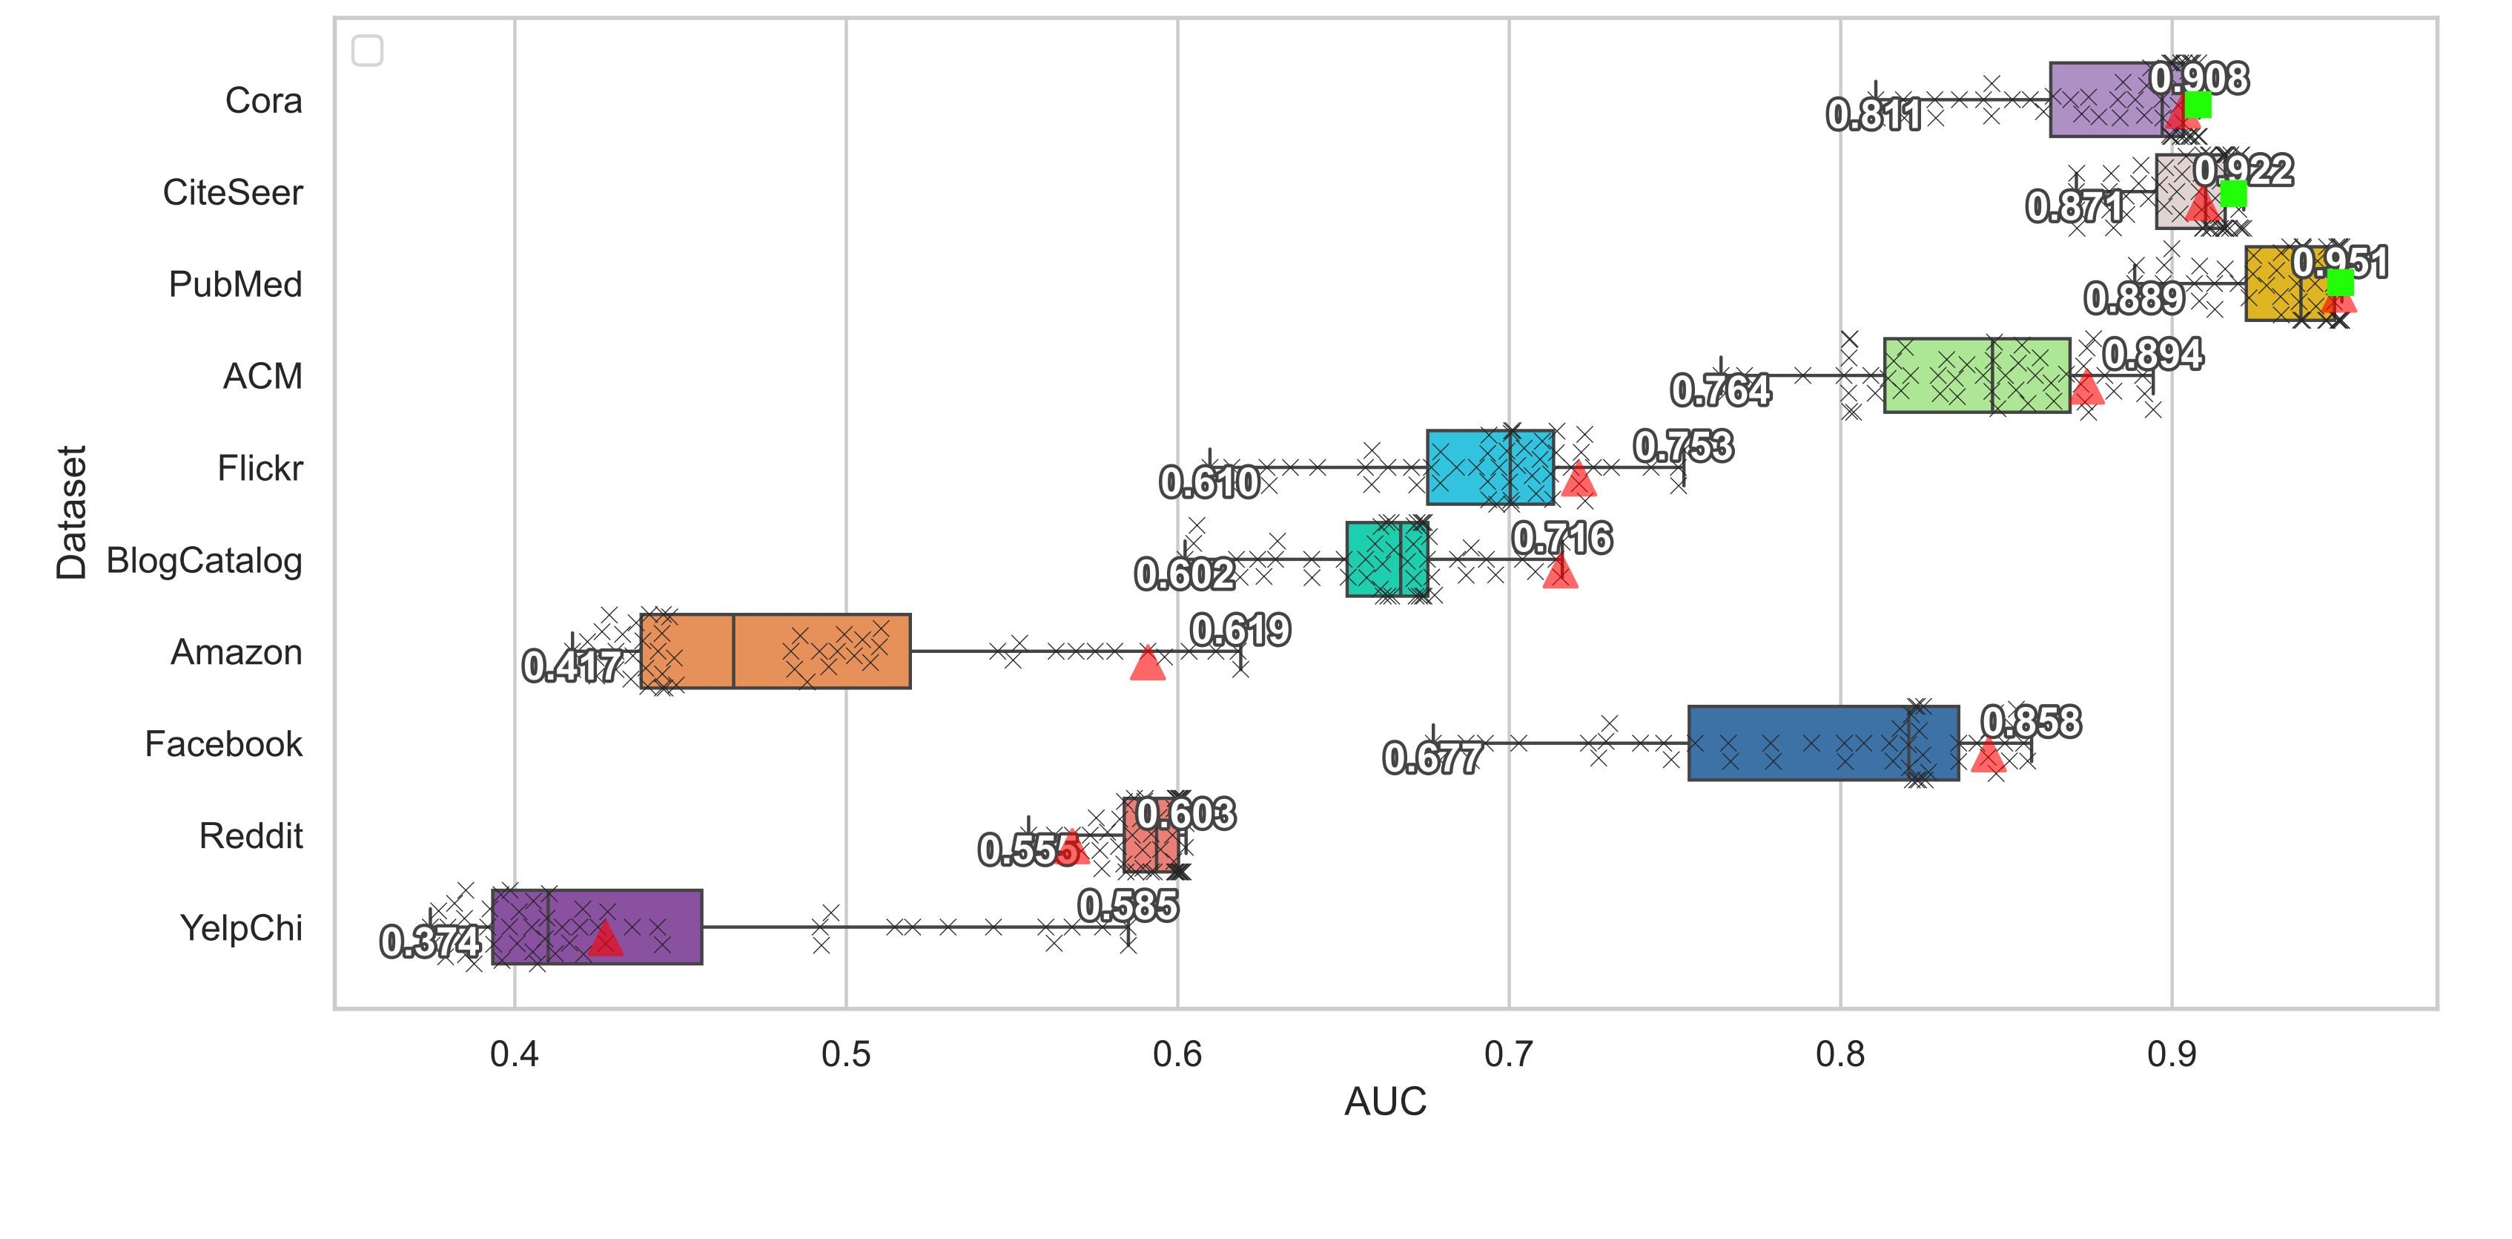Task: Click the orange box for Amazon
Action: click(776, 651)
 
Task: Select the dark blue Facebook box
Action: click(1822, 743)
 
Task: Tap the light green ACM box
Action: click(1976, 375)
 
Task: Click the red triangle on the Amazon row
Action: click(1148, 663)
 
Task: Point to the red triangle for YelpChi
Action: click(606, 939)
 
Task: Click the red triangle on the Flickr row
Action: click(1578, 479)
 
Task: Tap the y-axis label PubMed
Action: click(235, 285)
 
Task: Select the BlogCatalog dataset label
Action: click(204, 561)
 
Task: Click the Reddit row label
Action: click(251, 836)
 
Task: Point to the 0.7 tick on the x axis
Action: click(1509, 1054)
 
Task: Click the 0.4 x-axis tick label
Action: click(514, 1054)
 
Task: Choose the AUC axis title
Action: click(1385, 1102)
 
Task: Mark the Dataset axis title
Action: click(71, 512)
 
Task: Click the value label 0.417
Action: click(572, 667)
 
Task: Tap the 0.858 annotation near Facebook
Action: click(2030, 722)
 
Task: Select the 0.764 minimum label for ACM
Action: click(1720, 391)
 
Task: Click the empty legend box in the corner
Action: click(368, 50)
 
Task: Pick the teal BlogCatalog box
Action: click(1386, 559)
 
